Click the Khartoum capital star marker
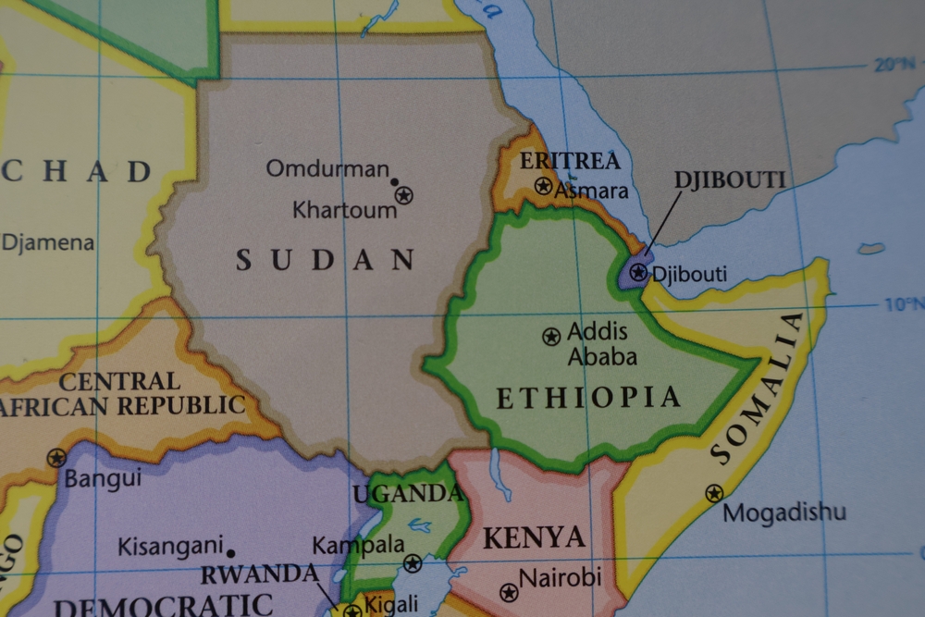[x=403, y=195]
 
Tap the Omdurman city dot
[x=394, y=182]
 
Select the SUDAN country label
[x=325, y=260]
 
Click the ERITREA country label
[x=570, y=161]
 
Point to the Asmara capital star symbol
[x=544, y=186]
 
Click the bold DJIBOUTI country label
[x=730, y=179]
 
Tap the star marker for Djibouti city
[x=638, y=272]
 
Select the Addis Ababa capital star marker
[x=551, y=337]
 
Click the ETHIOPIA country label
[x=588, y=398]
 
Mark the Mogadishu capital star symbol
[x=714, y=494]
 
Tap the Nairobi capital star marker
[x=508, y=592]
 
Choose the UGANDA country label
[x=407, y=494]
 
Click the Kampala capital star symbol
[x=413, y=562]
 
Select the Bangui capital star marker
[x=56, y=457]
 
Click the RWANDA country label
[x=260, y=574]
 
